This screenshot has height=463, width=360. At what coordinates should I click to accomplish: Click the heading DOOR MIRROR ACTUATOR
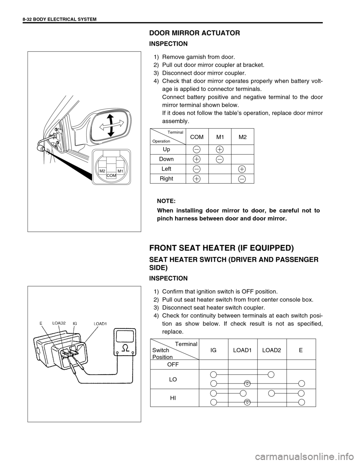195,33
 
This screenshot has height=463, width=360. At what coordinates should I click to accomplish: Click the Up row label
166,149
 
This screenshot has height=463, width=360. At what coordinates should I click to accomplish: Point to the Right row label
166,178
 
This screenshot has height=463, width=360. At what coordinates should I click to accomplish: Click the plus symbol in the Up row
219,149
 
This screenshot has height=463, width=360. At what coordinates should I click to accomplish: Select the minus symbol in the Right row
241,179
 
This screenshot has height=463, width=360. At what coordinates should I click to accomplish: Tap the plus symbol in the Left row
241,169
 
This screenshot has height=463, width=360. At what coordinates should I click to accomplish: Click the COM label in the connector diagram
111,175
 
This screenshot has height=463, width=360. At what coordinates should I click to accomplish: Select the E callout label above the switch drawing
40,322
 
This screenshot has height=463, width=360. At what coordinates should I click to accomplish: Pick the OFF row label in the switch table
173,364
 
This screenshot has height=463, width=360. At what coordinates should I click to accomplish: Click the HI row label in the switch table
173,397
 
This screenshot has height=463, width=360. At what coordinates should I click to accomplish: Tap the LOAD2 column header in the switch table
272,350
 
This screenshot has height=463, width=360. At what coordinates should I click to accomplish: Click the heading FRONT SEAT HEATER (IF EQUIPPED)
222,248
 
